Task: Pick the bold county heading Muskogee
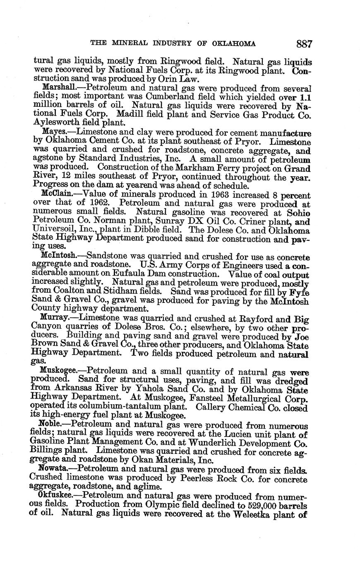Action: point(60,371)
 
